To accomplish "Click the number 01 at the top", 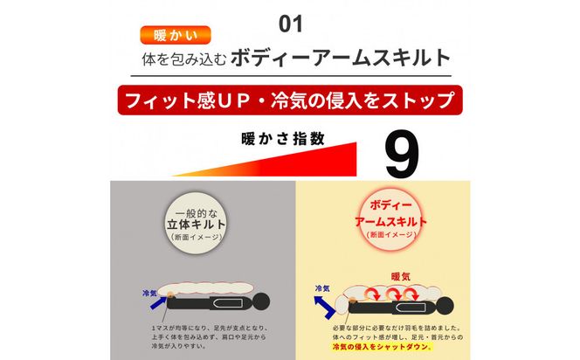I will pyautogui.click(x=289, y=18).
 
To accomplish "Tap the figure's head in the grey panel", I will pyautogui.click(x=262, y=306).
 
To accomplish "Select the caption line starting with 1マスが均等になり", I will pyautogui.click(x=202, y=326).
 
